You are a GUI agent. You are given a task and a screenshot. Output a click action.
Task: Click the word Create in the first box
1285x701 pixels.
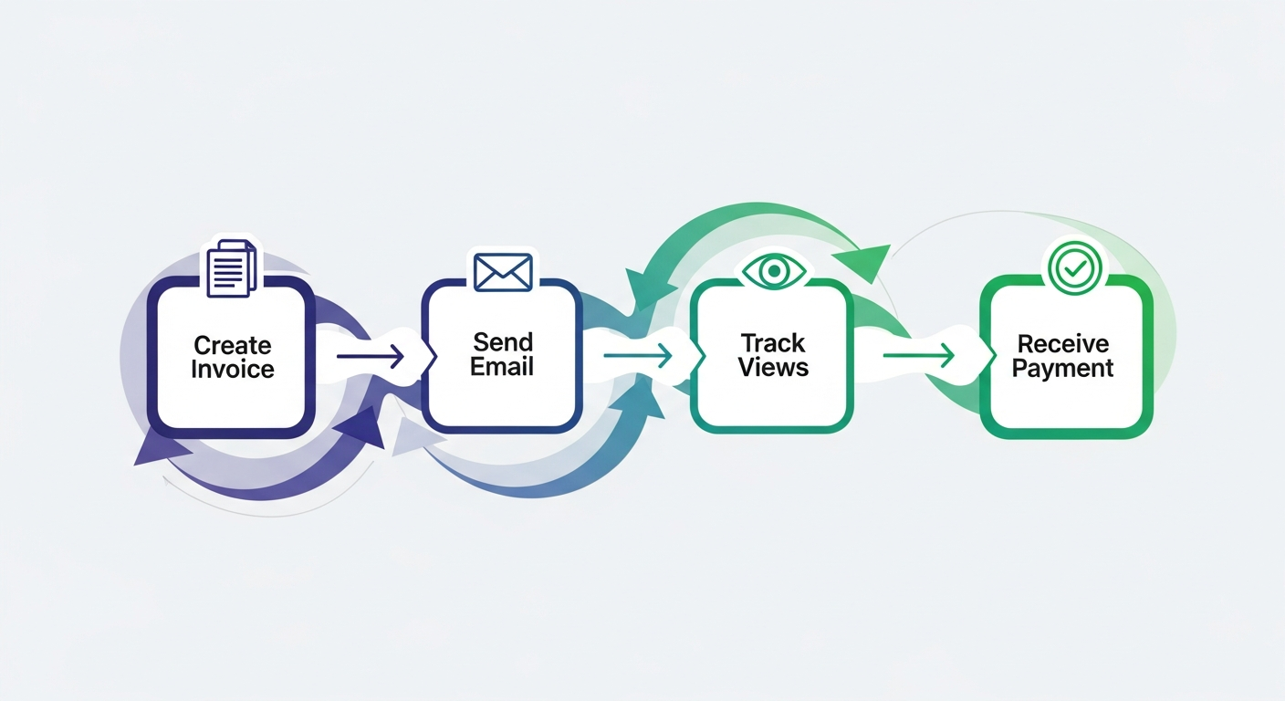(232, 345)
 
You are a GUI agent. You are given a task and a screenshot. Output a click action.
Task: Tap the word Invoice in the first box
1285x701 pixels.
(232, 369)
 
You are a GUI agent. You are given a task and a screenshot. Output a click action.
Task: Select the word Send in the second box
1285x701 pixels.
(502, 342)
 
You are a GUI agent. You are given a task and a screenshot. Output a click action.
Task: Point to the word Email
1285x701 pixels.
(502, 367)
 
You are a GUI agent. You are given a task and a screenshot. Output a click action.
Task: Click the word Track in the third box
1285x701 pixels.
(773, 343)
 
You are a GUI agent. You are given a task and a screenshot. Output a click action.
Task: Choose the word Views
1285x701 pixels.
(773, 367)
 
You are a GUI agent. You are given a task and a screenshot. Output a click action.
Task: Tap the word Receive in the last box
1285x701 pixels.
(1063, 344)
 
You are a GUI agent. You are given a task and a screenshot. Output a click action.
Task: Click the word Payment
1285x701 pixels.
(1063, 368)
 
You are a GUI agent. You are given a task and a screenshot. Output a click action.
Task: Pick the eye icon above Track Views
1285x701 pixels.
(774, 270)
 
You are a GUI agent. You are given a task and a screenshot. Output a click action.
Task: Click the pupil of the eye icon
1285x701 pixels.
(774, 270)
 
